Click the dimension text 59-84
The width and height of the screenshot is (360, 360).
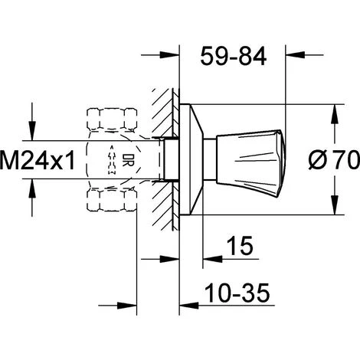click(234, 56)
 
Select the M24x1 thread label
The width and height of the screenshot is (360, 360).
click(38, 160)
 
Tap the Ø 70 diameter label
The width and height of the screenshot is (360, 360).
click(334, 159)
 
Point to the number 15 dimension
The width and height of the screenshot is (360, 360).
click(240, 246)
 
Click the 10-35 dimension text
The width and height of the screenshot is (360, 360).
click(237, 293)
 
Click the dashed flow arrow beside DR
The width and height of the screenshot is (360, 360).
click(112, 160)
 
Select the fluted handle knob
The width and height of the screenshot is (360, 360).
click(251, 163)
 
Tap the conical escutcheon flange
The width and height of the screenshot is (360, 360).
click(191, 159)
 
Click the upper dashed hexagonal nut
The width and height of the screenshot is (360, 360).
click(112, 120)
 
